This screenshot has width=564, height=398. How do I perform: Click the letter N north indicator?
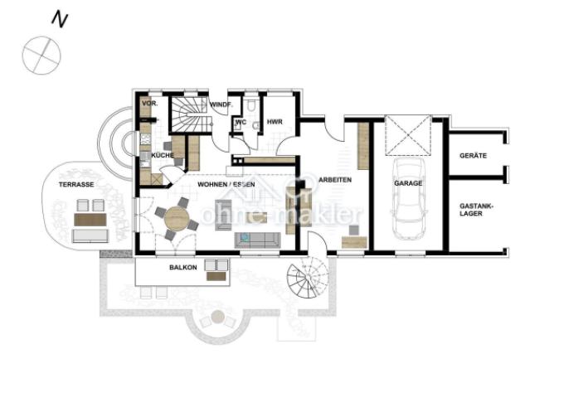click(x=60, y=19)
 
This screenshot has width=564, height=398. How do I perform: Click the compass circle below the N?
click(x=41, y=56)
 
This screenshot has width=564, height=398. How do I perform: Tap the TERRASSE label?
click(x=76, y=184)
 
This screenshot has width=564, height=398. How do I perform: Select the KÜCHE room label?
click(x=163, y=155)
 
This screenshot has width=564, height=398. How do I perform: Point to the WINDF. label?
click(x=221, y=105)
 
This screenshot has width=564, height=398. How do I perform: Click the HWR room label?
click(x=275, y=122)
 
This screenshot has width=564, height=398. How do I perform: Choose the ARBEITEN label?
click(x=335, y=180)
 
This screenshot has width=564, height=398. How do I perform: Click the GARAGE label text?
click(x=408, y=183)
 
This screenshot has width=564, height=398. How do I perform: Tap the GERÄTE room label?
click(x=473, y=156)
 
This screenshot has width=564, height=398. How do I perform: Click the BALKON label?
click(x=183, y=268)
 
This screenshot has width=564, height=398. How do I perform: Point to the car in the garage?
click(x=409, y=198)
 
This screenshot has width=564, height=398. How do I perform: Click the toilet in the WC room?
click(x=251, y=104)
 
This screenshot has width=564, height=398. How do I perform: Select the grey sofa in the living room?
click(x=258, y=240)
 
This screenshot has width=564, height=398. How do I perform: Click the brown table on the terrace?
click(x=90, y=220)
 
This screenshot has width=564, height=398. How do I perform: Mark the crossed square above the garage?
click(x=408, y=135)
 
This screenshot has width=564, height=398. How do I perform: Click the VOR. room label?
click(x=149, y=104)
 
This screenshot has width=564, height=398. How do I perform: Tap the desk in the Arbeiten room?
click(x=354, y=242)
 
